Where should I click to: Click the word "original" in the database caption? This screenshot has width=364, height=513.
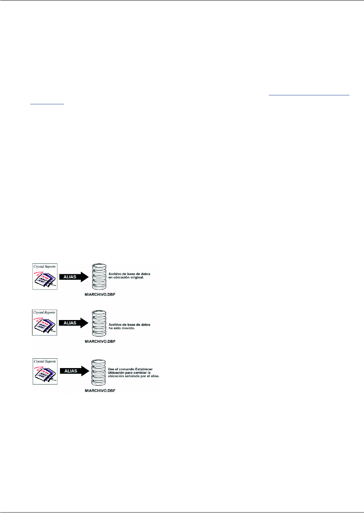coord(135,278)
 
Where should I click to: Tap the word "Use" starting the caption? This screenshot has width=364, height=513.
coord(111,369)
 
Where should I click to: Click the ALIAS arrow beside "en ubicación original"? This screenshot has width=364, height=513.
coord(73,277)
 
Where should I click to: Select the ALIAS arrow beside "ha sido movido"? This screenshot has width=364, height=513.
coord(73,323)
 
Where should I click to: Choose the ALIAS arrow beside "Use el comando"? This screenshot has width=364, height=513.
coord(74,371)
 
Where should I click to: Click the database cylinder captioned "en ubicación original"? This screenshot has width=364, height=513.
coord(99,277)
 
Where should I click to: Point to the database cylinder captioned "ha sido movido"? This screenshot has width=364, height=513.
coord(99,323)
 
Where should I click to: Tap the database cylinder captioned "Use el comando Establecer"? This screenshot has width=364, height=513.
coord(98,373)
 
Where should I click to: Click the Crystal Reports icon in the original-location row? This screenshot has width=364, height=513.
coord(45,276)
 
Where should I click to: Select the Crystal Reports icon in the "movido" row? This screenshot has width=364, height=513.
coord(45,323)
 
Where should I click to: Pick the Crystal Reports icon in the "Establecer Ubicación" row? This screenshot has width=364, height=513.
coord(45,371)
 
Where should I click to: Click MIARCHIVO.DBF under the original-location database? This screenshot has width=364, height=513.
coord(100,295)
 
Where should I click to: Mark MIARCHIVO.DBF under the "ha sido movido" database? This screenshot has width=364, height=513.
coord(100,342)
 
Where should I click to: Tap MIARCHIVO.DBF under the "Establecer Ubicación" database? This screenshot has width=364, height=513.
coord(100,391)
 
